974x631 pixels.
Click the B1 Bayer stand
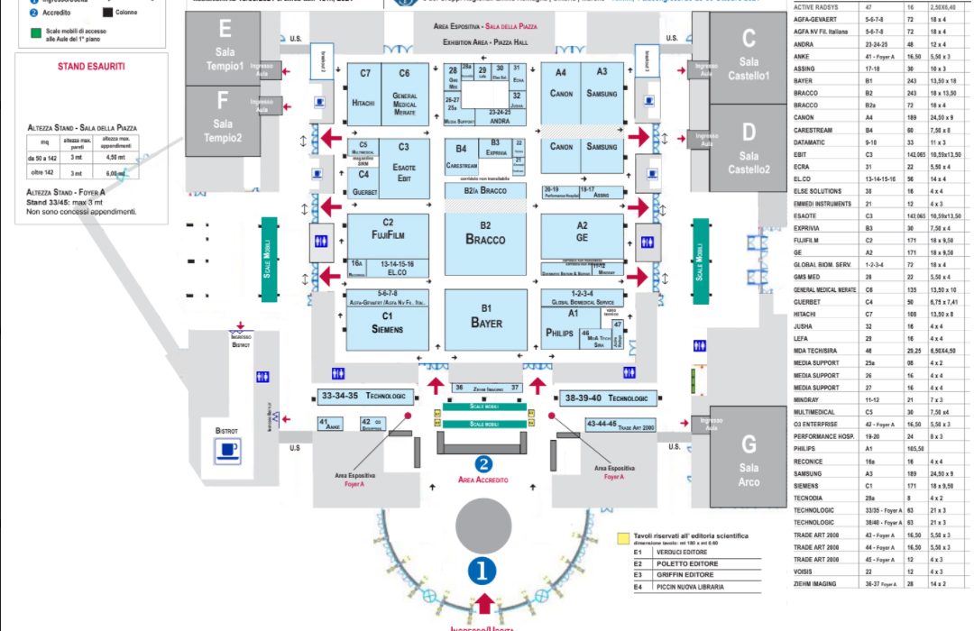(485, 318)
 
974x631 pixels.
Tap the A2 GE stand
(582, 233)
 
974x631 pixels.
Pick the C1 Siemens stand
(388, 323)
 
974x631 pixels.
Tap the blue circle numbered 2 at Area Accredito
(484, 464)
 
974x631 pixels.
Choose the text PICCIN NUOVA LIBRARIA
(691, 588)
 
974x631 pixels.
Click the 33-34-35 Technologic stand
(364, 397)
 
